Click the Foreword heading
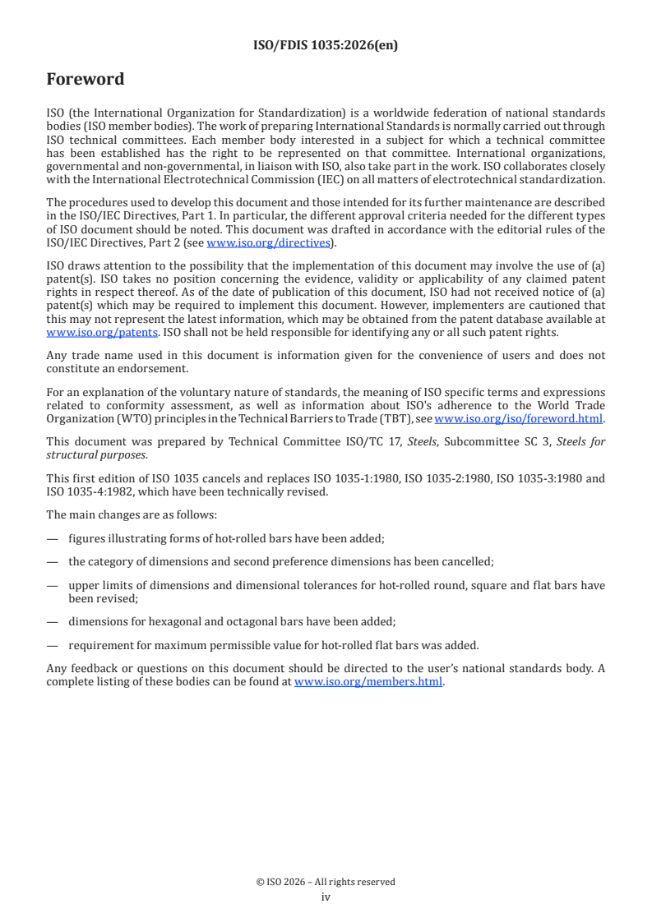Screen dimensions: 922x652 86,80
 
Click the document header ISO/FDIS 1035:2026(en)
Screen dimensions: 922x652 326,46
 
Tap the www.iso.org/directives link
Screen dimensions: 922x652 268,242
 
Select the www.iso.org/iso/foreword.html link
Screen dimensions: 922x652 512,418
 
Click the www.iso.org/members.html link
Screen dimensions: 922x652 368,681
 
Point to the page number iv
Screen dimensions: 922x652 326,897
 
